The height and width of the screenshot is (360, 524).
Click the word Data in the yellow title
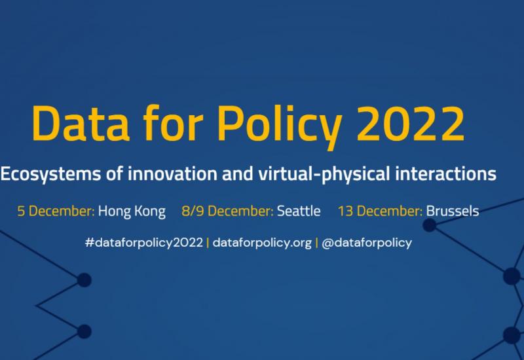81,123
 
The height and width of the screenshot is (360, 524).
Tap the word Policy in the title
280,127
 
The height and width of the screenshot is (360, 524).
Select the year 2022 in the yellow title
411,124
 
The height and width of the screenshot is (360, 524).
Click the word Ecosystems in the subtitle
50,174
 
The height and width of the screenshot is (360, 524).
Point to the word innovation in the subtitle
172,173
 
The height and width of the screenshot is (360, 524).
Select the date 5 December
56,211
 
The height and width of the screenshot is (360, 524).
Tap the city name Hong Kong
132,211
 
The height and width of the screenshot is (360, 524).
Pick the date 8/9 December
227,211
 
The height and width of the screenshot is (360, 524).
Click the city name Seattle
299,211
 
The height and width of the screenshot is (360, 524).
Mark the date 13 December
381,211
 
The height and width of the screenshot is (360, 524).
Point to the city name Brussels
453,211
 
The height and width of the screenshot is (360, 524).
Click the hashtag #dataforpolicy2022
144,243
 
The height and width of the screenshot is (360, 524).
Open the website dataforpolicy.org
262,243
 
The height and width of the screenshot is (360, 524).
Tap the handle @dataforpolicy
367,243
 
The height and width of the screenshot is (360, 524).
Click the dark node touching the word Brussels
430,225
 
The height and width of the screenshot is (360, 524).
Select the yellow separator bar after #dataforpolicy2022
208,242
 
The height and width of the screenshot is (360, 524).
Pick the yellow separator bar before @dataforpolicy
316,242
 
